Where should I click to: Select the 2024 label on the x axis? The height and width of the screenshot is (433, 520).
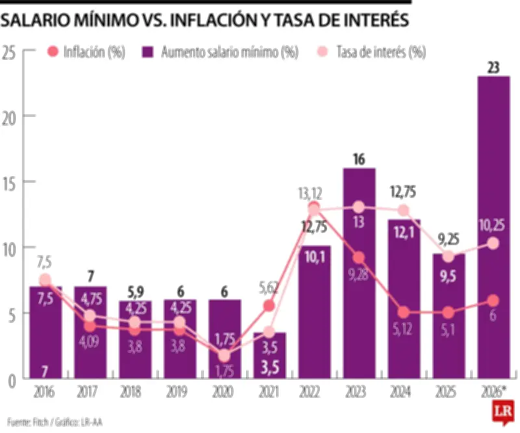[x=404, y=393]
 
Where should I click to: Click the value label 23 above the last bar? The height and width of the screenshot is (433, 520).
[x=493, y=67]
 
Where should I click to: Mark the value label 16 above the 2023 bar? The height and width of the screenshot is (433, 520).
[x=359, y=158]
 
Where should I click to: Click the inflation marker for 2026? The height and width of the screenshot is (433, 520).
[x=493, y=300]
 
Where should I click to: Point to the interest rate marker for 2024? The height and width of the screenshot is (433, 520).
[x=404, y=210]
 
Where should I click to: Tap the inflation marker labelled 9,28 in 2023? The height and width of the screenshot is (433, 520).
[x=359, y=258]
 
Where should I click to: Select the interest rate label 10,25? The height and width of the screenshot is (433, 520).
[x=493, y=226]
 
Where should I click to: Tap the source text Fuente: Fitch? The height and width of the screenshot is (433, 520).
[x=39, y=421]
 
